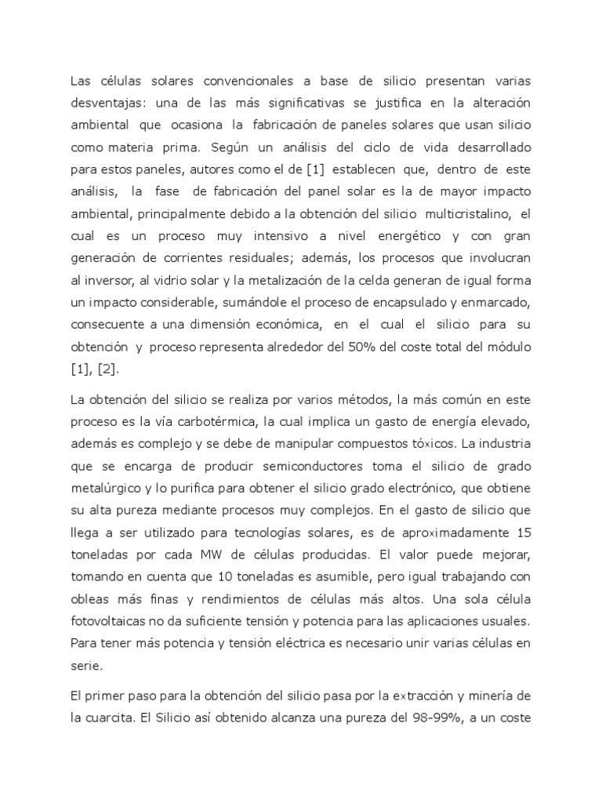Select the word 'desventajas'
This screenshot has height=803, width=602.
(106, 103)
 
